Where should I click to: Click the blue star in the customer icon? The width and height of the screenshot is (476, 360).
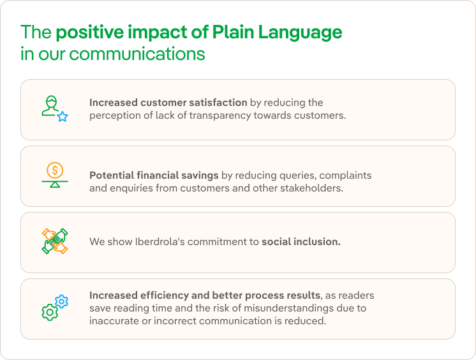(x=63, y=117)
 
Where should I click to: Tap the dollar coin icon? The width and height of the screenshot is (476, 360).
(x=55, y=170)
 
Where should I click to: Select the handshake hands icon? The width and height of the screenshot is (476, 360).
(x=55, y=241)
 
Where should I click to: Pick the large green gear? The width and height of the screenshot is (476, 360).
(x=49, y=312)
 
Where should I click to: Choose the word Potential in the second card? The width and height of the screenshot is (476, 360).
(x=112, y=175)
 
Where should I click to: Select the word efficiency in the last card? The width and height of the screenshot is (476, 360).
(x=161, y=296)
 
